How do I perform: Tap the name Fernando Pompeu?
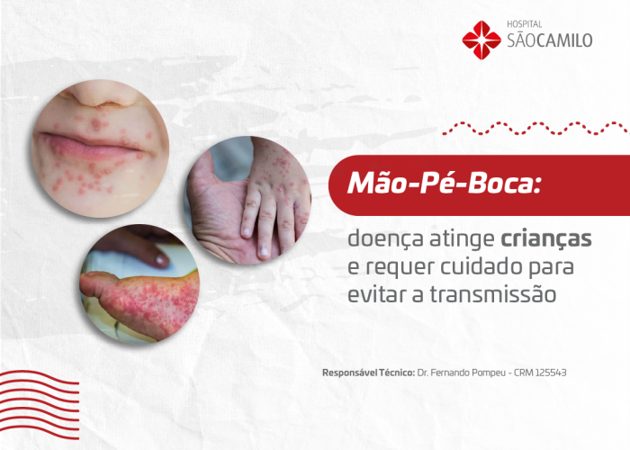[x=471, y=373]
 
